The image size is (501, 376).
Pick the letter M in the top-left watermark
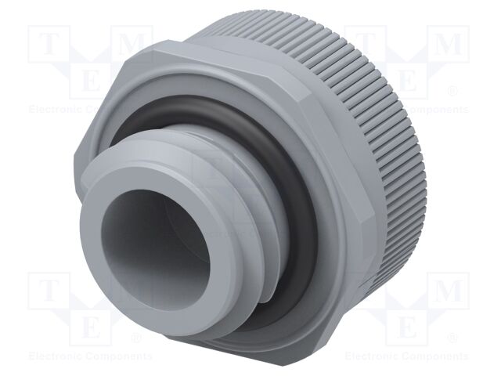tap(135, 45)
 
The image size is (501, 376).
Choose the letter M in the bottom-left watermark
tap(135, 291)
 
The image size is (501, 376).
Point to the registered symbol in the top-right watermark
tap(452, 92)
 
